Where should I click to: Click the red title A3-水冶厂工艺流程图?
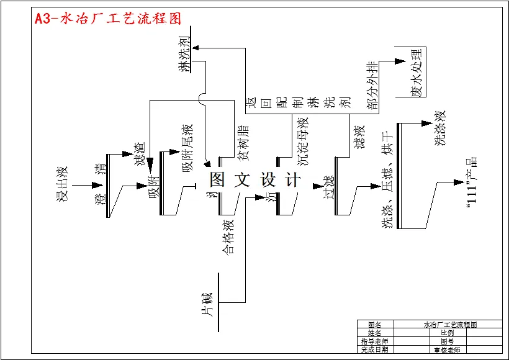tap(108, 19)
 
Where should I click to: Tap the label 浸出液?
tap(61, 183)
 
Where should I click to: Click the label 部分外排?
tap(372, 86)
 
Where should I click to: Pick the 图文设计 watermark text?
tap(254, 180)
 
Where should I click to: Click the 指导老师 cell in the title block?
tap(374, 341)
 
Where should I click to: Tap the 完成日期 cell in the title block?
tap(374, 349)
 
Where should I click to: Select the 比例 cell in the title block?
tap(446, 333)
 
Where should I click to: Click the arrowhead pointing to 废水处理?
tap(400, 61)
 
